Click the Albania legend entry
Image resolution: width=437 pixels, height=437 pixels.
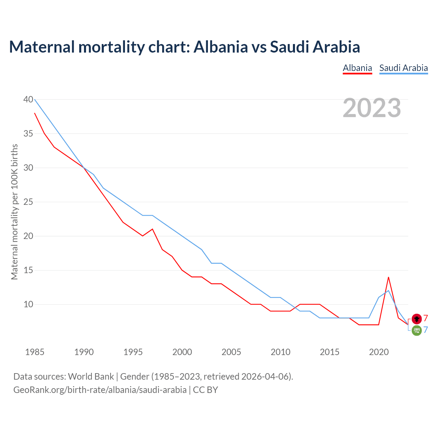[x=357, y=68]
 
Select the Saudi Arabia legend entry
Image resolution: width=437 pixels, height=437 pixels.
[x=404, y=68]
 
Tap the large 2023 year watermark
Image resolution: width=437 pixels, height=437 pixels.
[x=372, y=108]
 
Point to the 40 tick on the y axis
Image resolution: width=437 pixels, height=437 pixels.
[x=28, y=99]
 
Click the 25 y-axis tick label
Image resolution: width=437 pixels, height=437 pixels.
[x=28, y=202]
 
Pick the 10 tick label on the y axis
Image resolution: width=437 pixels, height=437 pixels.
[x=28, y=304]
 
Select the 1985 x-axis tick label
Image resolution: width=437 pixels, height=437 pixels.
[x=35, y=352]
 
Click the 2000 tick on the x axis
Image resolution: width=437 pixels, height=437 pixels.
[x=182, y=352]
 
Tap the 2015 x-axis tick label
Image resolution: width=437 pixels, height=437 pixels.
[x=329, y=352]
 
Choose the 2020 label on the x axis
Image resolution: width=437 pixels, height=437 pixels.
[x=379, y=352]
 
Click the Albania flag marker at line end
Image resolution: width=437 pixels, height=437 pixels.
[x=417, y=319]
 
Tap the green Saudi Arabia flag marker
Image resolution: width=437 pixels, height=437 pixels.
[x=417, y=330]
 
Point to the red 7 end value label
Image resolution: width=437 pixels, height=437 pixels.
[x=426, y=318]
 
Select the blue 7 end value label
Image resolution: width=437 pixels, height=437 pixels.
[x=426, y=330]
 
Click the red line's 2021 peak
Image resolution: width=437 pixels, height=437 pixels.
[x=389, y=277]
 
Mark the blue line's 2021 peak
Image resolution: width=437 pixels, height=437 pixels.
[x=389, y=291]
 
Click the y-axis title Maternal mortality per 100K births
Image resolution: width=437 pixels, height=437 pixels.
[x=14, y=212]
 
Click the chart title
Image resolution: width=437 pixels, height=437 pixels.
[x=184, y=47]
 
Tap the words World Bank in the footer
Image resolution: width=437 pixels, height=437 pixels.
[x=91, y=377]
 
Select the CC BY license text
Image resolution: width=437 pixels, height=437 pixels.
[x=206, y=390]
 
